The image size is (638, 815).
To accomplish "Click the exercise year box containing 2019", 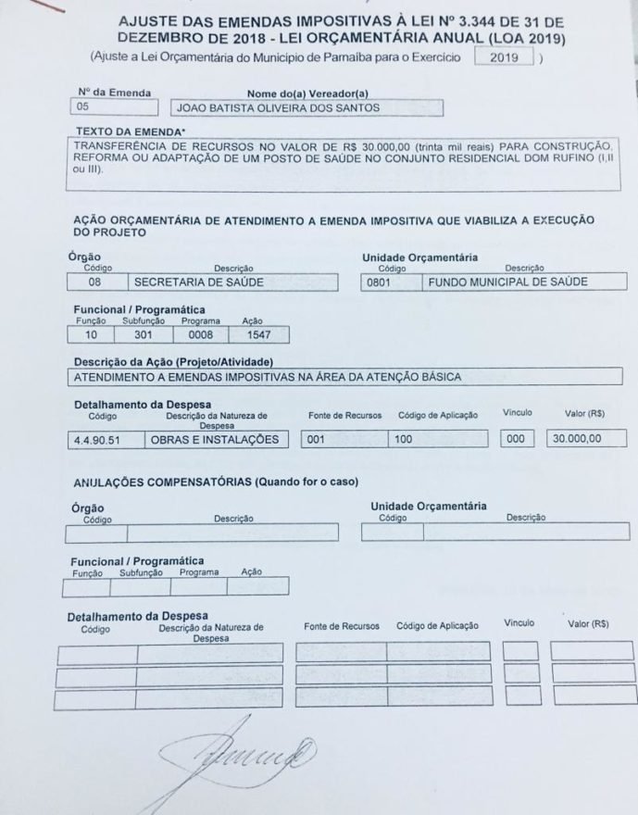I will click(x=505, y=57).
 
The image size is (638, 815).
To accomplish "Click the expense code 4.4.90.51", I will click(x=104, y=439).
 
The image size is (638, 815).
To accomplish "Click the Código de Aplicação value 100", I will click(x=436, y=439).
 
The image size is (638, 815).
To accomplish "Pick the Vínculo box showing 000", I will click(x=518, y=439).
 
